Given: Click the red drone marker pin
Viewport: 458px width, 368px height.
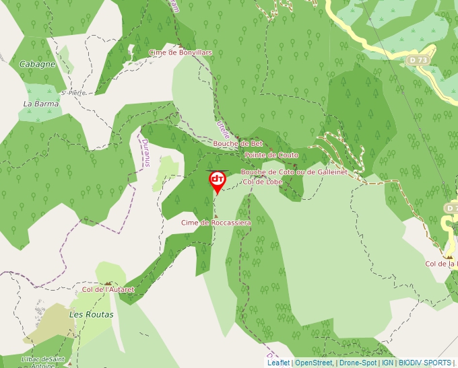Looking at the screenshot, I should (217, 180).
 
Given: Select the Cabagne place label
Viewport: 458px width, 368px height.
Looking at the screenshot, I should (38, 64).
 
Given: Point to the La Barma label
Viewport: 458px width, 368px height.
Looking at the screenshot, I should (41, 104).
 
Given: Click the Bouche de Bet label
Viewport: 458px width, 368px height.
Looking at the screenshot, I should (238, 144).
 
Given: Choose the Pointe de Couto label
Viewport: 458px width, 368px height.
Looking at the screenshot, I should (271, 155).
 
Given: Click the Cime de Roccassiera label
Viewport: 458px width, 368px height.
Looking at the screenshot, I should (216, 223).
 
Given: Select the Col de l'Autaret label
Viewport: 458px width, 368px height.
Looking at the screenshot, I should (108, 290).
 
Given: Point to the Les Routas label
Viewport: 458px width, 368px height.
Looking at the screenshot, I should (92, 314).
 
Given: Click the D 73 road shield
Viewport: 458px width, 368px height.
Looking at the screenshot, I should (418, 61).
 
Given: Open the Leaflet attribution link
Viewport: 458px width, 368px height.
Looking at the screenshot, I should (278, 363).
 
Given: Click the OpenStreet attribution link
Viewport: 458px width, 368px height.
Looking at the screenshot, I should (314, 363).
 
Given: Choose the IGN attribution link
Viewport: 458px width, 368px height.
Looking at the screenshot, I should (388, 363).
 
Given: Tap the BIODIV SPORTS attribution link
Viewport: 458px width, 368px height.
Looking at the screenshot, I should (426, 363).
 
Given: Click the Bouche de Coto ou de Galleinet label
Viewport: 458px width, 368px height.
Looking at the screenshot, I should (294, 172).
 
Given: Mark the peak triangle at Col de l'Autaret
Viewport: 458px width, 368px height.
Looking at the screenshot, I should (108, 283).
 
